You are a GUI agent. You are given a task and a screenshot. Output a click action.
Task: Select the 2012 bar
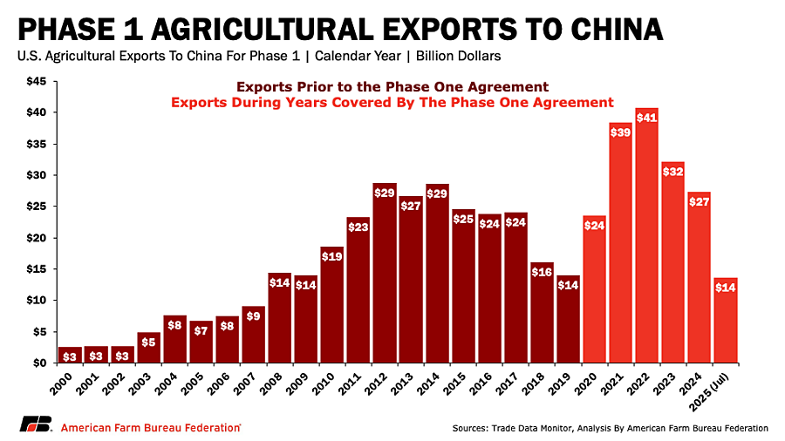[385, 279]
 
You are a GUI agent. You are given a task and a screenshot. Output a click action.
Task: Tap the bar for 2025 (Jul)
[725, 322]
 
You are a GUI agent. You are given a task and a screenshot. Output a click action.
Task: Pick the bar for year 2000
[71, 355]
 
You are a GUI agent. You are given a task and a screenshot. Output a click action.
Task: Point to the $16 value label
[542, 272]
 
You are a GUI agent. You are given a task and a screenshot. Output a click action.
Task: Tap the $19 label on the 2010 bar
[332, 256]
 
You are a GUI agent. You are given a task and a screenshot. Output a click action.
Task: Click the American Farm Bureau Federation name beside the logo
[150, 427]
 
